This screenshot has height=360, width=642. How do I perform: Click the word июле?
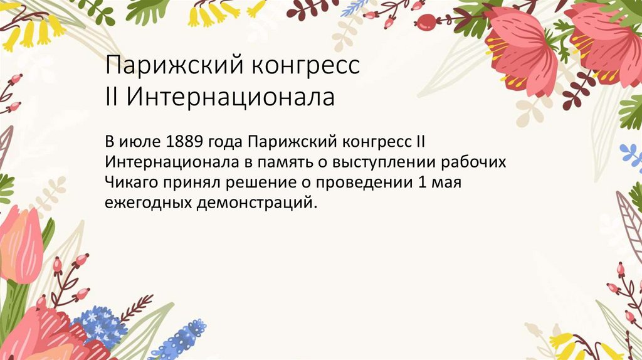[140, 140]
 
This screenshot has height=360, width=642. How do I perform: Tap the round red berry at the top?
[426, 23]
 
